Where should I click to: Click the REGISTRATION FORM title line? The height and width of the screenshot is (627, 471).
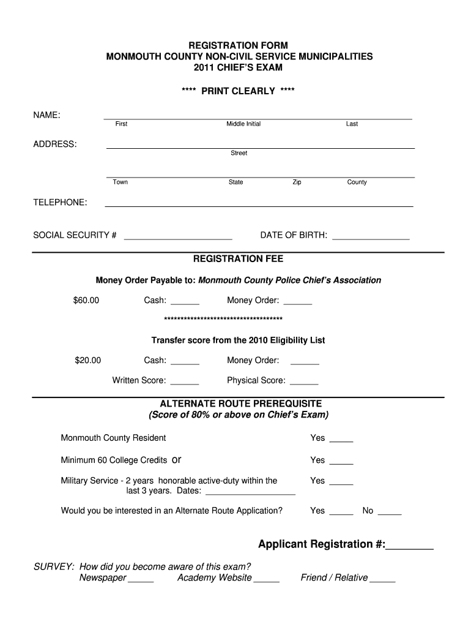coord(238,46)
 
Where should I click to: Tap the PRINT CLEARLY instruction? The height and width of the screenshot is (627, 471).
coord(238,91)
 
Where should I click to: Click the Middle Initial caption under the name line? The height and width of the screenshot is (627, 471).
coord(243,124)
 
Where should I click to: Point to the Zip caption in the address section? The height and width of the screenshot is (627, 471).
coord(297,182)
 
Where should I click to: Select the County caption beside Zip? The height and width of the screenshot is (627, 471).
coord(357,182)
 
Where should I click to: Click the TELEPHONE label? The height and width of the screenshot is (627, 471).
coord(60,203)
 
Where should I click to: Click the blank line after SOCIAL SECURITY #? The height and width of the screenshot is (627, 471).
coord(178,237)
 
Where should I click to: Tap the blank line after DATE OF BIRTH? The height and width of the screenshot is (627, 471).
coord(371,237)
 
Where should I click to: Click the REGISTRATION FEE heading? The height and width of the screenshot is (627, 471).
coord(238,259)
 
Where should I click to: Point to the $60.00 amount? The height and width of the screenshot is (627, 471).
coord(86,301)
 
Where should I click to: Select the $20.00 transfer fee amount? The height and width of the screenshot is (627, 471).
coord(88,361)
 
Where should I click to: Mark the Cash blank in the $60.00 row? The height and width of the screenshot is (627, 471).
coord(185,302)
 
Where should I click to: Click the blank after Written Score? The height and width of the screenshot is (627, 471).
coord(185,383)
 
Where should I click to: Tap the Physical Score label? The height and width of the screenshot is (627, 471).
coord(256,381)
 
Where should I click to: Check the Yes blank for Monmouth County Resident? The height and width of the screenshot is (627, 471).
coord(341,440)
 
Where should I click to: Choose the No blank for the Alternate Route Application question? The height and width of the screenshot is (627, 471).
coord(390,513)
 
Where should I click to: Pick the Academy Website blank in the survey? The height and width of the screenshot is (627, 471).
coord(266,580)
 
